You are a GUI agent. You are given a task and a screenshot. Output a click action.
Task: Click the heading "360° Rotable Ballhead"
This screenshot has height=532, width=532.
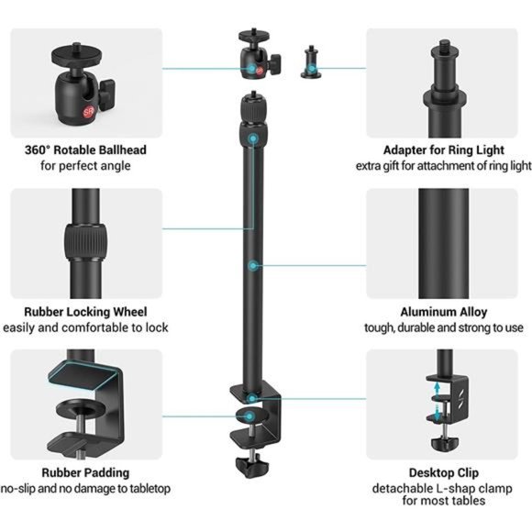tap(85, 150)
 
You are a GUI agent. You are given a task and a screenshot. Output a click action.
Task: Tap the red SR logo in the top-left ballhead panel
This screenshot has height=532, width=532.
tap(89, 112)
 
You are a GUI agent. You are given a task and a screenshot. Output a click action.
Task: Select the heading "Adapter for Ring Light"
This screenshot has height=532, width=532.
tap(443, 150)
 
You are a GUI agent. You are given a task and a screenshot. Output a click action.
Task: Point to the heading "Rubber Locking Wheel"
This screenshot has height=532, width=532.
tap(85, 312)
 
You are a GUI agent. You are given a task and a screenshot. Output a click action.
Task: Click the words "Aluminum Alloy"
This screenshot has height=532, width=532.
tap(444, 312)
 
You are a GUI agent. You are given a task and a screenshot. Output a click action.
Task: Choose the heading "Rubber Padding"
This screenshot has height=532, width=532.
tap(85, 472)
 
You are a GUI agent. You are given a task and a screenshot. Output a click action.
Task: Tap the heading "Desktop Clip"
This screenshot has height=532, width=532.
tap(444, 472)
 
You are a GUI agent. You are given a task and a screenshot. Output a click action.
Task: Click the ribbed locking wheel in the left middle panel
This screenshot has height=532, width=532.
tap(85, 241)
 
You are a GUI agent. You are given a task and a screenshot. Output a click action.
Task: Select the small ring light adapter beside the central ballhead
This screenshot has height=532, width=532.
tap(311, 62)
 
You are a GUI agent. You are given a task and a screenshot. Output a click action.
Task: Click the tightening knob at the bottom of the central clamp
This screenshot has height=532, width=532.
tap(251, 465)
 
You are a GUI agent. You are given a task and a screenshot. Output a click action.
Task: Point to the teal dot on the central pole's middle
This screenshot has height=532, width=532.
tap(252, 266)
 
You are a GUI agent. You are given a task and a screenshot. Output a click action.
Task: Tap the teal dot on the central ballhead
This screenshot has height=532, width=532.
tap(251, 68)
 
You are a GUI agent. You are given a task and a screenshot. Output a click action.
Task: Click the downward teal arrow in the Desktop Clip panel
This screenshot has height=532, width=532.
tap(438, 412)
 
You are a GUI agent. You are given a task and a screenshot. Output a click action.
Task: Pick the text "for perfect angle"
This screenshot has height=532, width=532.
tap(85, 166)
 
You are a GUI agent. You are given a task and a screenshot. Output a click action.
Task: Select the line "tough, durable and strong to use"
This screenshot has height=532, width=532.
tap(444, 327)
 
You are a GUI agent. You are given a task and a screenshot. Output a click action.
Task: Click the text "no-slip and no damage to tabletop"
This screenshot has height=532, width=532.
tap(85, 489)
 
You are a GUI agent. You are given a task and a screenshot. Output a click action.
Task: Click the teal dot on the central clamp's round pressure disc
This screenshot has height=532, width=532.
tap(249, 416)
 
